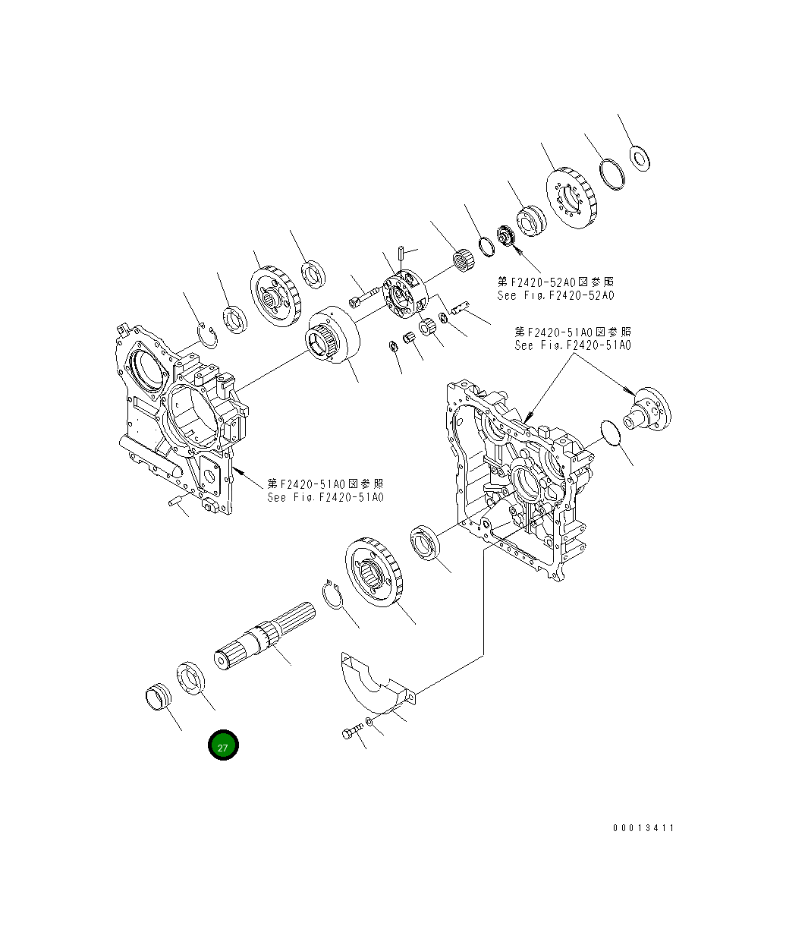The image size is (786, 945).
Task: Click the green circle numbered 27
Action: pyautogui.click(x=223, y=746)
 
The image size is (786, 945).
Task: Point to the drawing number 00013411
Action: pyautogui.click(x=643, y=828)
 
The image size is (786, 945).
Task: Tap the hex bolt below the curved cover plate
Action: pyautogui.click(x=351, y=732)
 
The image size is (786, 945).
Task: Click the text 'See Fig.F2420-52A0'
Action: pyautogui.click(x=555, y=296)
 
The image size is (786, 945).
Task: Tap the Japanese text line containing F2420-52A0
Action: pyautogui.click(x=555, y=282)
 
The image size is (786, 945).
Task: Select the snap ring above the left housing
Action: pyautogui.click(x=207, y=336)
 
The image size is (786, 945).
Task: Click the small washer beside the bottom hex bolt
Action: pyautogui.click(x=368, y=720)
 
